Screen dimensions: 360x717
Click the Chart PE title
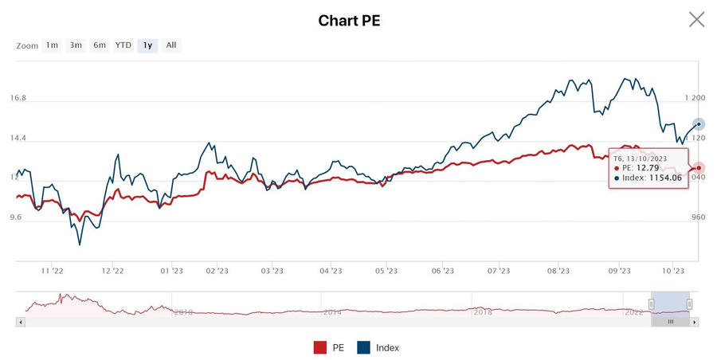(349, 21)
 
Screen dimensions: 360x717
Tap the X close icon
(696, 19)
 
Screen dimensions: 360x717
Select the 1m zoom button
(52, 45)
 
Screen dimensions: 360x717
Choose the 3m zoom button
(76, 45)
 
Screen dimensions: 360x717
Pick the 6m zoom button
(100, 45)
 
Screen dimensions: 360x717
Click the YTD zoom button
(123, 45)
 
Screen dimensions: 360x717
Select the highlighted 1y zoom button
(147, 45)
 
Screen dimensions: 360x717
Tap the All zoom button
(171, 45)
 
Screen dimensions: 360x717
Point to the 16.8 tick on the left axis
(18, 98)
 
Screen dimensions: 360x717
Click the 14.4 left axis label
(18, 138)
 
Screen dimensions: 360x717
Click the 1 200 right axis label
(695, 98)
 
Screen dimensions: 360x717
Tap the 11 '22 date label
(52, 271)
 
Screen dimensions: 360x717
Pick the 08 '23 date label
(558, 271)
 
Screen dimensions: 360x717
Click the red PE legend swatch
(320, 347)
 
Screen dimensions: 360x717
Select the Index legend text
(387, 347)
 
